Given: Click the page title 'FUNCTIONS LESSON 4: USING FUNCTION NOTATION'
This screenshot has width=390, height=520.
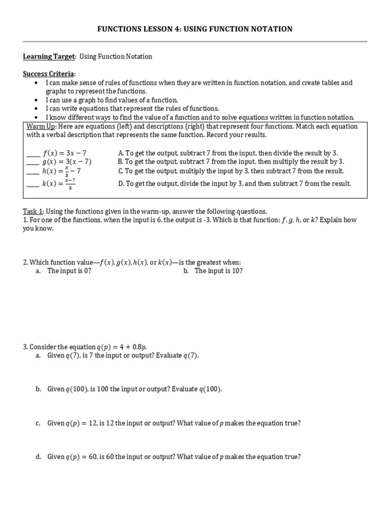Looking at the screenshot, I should [194, 29].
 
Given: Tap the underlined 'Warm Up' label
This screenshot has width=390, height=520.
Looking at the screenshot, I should [40, 126].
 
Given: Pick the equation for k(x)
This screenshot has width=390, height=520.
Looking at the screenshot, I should [59, 183].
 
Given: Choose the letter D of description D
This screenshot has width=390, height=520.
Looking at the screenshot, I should [120, 183].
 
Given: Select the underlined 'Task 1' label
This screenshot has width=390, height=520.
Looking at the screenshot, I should [34, 211].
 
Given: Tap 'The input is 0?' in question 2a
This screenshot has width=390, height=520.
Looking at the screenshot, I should [69, 271].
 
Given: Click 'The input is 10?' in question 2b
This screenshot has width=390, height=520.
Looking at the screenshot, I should [218, 271].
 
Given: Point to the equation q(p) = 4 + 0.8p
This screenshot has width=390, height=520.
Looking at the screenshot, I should [121, 347].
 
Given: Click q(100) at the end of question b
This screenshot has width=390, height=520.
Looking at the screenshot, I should [210, 389].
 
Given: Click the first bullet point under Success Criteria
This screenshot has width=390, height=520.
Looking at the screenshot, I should [36, 83].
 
